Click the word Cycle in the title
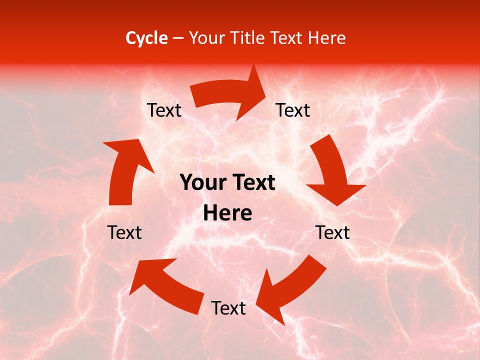[146, 38]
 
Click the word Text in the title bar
[287, 38]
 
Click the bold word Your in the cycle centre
[203, 183]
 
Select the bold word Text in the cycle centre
[252, 183]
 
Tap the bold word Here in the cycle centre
[227, 213]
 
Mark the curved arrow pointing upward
[127, 170]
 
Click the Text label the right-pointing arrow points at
[293, 110]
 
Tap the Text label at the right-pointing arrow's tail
[164, 110]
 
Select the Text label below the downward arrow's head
[333, 233]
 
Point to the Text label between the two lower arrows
[228, 308]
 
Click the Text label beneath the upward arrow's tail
[124, 233]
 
